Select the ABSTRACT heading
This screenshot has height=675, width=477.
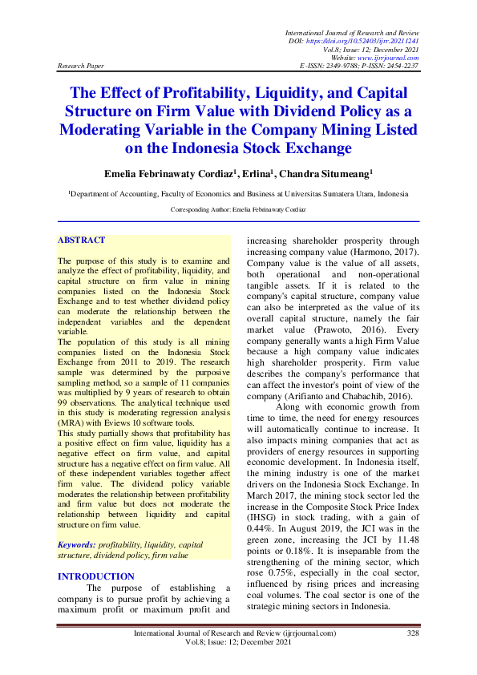[x=82, y=240]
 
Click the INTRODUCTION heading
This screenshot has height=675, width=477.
[x=96, y=554]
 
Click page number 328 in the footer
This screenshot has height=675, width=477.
[x=413, y=633]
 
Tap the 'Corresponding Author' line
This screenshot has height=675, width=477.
[x=238, y=209]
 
